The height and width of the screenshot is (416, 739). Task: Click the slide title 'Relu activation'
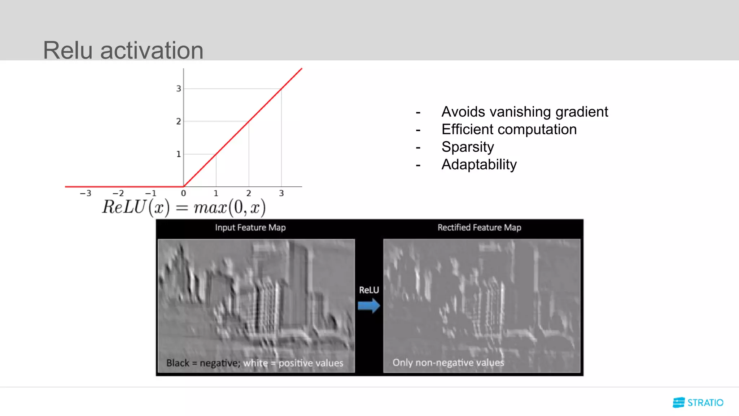[x=123, y=50]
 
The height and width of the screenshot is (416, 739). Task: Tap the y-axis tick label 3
[x=178, y=88]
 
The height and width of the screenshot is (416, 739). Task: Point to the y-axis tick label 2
[x=178, y=121]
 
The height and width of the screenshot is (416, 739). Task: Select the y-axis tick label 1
[x=178, y=154]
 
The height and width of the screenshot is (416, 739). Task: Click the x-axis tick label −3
[x=86, y=194]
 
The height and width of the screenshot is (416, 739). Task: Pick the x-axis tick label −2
[x=118, y=194]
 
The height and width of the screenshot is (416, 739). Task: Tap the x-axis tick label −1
[x=151, y=194]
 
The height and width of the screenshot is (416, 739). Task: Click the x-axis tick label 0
[x=183, y=194]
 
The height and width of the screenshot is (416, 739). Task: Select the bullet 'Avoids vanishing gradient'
[x=524, y=112]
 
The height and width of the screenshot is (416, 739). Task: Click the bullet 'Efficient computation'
[x=509, y=129]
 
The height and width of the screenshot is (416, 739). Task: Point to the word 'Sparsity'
[x=468, y=147]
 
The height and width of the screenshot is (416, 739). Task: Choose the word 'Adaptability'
[x=479, y=165]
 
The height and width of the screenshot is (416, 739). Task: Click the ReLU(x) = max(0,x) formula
[x=184, y=208]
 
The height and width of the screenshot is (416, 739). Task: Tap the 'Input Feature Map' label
[x=250, y=227]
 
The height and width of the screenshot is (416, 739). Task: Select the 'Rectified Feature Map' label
[x=479, y=227]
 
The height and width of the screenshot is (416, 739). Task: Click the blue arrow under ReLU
[x=369, y=306]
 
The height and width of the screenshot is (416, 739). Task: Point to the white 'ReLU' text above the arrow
[x=369, y=290]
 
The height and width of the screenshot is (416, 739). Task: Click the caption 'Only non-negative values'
[x=448, y=363]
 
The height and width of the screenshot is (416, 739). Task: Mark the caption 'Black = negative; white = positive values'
[x=255, y=363]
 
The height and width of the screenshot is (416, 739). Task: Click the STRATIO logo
[x=698, y=402]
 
